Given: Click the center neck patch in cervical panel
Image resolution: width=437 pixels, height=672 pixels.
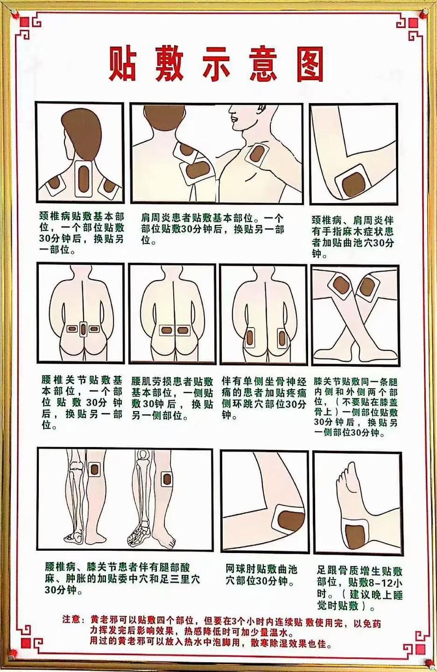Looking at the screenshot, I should pos(84,177).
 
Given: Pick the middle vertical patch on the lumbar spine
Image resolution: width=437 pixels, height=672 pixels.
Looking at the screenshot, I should pos(83,329).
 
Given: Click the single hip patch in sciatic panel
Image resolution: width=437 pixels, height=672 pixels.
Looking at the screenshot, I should pos(249,337).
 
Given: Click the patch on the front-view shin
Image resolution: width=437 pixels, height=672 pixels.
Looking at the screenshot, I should pos(167,478).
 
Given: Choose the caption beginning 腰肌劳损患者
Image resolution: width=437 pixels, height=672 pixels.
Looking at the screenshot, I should pos(172,398).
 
